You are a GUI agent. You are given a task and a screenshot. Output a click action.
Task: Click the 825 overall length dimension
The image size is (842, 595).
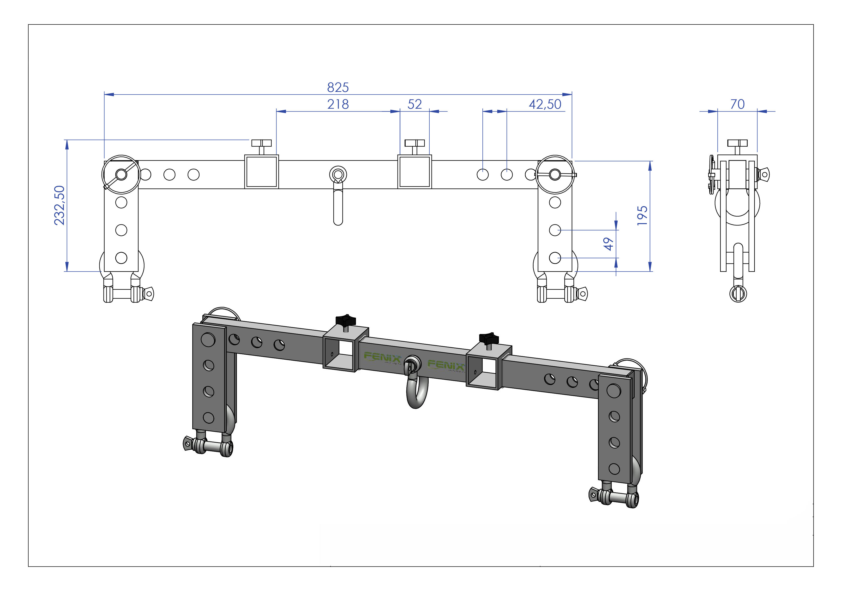(338, 88)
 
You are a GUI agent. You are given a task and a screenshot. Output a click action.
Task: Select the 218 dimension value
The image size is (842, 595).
(338, 104)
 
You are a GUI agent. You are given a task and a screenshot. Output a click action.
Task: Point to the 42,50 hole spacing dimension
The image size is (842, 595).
(545, 104)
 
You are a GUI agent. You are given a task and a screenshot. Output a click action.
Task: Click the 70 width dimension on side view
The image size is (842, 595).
(737, 104)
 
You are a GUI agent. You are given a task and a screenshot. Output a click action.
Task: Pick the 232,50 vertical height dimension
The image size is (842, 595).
(60, 205)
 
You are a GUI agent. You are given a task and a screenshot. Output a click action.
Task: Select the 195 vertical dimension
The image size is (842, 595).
(642, 215)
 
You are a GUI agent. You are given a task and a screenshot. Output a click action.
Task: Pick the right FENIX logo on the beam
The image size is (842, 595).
(446, 365)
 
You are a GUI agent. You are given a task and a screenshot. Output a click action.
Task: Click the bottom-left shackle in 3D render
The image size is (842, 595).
(208, 446)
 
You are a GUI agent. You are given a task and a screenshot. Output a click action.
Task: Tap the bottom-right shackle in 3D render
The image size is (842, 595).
(614, 497)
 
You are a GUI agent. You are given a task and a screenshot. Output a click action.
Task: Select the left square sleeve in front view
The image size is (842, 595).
(261, 172)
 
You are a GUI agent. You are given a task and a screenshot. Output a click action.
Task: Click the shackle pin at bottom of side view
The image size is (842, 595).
(738, 293)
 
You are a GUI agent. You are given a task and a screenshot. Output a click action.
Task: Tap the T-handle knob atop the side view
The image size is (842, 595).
(737, 143)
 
